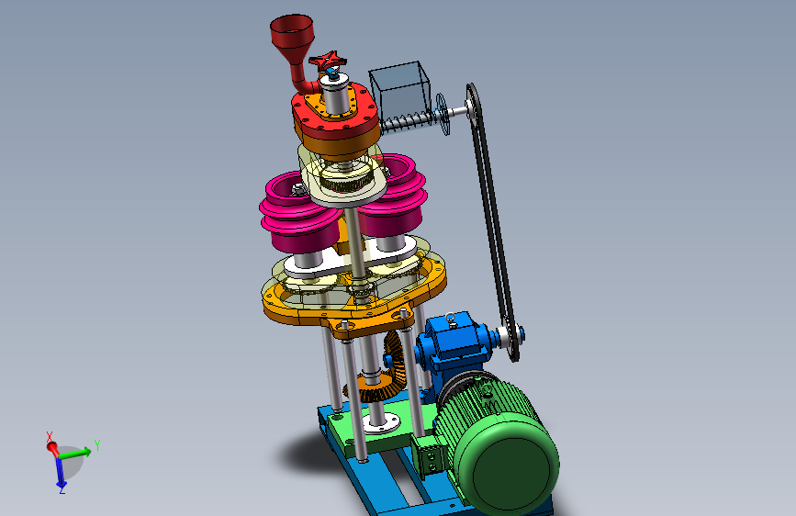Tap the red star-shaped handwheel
coord(328,61)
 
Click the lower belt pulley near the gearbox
coord(514,338)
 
